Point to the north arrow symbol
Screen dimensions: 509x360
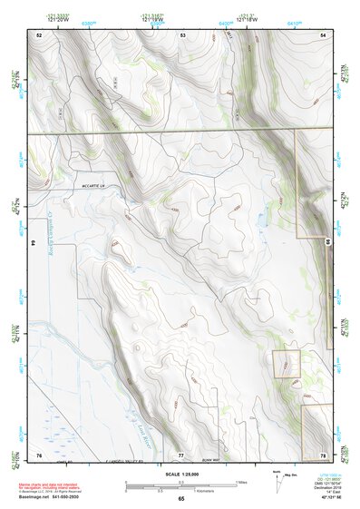coord(277,479)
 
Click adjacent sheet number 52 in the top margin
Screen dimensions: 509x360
coord(39,34)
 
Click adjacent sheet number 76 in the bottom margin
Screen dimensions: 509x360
coord(39,453)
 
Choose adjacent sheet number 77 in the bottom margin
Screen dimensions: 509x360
coord(180,453)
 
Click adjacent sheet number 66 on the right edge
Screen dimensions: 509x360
coord(326,241)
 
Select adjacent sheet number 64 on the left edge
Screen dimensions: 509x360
coord(34,243)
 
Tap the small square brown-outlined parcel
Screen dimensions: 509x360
coord(287,364)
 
